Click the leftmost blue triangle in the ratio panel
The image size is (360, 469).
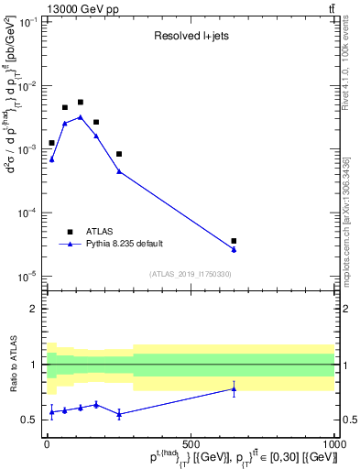[x=51, y=412]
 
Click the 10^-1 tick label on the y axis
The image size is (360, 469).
[x=27, y=22]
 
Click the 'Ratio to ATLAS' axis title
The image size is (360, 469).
[x=11, y=365]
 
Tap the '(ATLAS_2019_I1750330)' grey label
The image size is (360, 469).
[x=190, y=274]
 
